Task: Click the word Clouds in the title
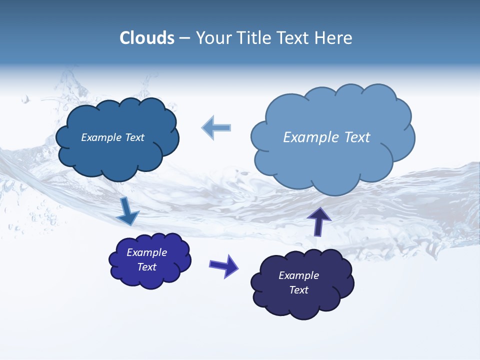pyautogui.click(x=147, y=38)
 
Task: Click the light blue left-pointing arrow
pyautogui.click(x=216, y=127)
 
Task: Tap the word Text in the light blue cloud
pyautogui.click(x=357, y=137)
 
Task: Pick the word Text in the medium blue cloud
pyautogui.click(x=134, y=137)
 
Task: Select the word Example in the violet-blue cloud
pyautogui.click(x=146, y=252)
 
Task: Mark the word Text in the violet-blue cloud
pyautogui.click(x=146, y=267)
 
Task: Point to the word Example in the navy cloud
pyautogui.click(x=298, y=275)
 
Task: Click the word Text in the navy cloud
pyautogui.click(x=298, y=290)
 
